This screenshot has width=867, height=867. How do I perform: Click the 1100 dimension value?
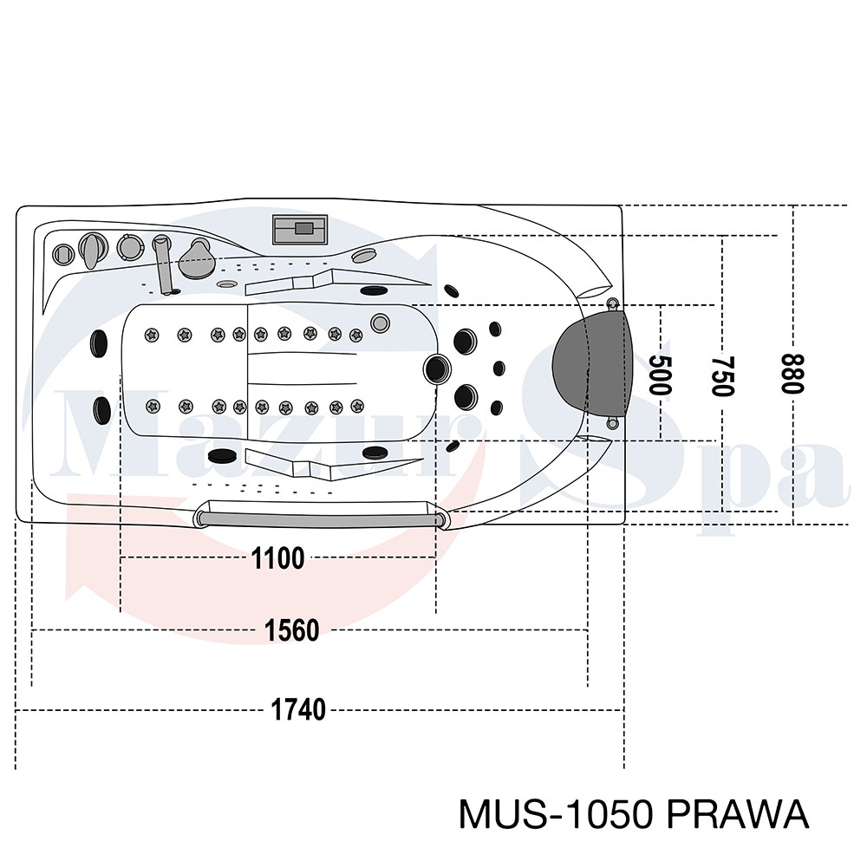277,557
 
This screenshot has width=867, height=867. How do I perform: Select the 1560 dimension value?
292,630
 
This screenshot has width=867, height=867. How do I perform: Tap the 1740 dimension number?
298,709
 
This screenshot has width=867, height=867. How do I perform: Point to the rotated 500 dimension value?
659,375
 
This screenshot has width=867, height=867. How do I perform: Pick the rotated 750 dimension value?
723,376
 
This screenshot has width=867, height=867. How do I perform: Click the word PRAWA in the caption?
738,814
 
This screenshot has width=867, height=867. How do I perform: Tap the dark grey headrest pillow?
591,363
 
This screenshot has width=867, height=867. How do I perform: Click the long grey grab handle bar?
320,519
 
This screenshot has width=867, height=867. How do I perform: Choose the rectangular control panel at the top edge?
300,229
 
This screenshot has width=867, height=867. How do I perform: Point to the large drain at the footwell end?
437,368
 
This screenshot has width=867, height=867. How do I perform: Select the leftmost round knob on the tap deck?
63,255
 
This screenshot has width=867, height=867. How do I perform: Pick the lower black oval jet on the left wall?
101,410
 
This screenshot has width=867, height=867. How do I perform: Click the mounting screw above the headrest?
612,303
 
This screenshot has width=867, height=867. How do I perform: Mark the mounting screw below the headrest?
611,424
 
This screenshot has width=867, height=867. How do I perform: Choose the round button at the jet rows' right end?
380,323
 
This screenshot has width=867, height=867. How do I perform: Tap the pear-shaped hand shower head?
195,258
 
